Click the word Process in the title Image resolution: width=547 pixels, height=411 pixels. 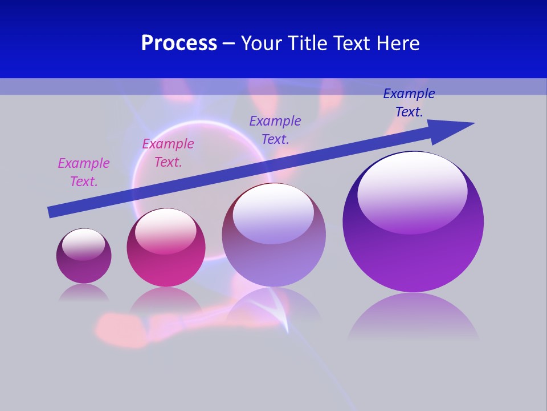[179, 43]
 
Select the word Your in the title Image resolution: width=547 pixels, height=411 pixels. [262, 43]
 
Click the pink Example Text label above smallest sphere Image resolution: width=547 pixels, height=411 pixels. [84, 172]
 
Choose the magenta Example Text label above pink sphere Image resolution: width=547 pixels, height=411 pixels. [168, 153]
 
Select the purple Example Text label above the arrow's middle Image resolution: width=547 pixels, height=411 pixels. [275, 130]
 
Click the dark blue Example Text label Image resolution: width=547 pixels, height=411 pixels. [409, 103]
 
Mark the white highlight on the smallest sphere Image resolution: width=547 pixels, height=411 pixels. [83, 244]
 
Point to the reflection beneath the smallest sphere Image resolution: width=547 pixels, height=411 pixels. [84, 292]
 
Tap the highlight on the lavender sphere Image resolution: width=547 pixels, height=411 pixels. [273, 212]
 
